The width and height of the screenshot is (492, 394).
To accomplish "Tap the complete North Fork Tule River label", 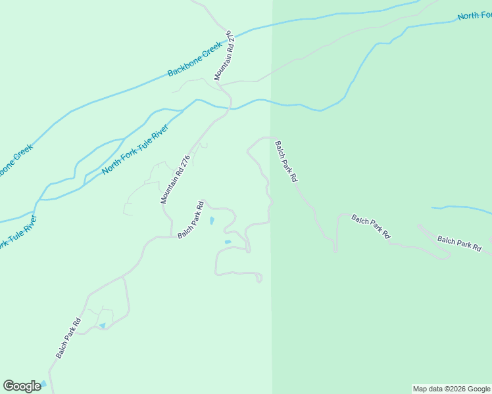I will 135,149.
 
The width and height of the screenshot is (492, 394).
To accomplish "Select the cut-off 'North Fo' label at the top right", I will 474,14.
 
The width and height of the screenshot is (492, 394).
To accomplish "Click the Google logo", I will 22,386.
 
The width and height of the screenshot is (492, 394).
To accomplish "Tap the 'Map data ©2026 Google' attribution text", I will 451,389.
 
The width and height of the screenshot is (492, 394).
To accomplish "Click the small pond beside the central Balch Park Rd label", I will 212,221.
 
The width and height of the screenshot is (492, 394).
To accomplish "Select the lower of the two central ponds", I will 228,242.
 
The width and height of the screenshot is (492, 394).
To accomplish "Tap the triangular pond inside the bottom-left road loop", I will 102,326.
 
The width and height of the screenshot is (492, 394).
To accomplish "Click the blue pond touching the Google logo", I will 44,383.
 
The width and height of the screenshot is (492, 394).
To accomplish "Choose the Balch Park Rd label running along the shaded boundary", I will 286,162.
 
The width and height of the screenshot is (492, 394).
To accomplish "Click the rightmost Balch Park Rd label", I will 459,244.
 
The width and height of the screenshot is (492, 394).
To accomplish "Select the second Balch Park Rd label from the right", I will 371,226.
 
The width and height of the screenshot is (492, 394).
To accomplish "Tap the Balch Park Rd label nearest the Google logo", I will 68,338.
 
